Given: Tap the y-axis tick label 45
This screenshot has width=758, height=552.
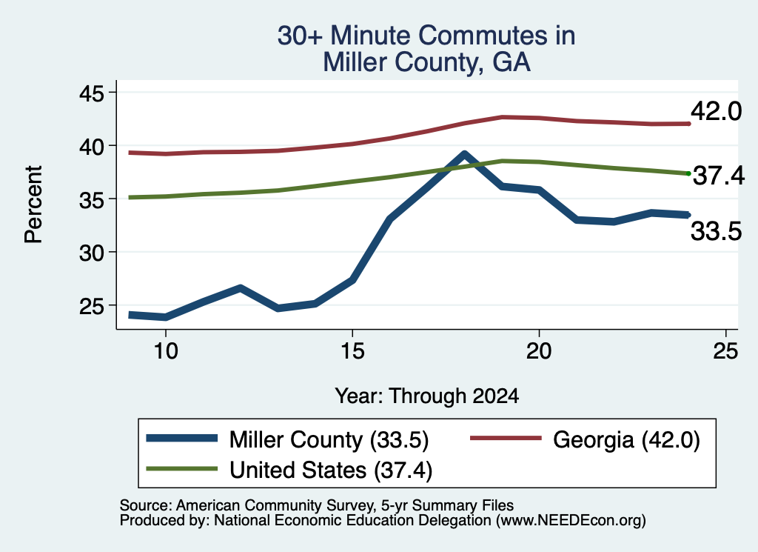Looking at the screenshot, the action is click(x=91, y=93).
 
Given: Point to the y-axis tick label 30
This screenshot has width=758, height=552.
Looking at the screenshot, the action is click(x=91, y=253).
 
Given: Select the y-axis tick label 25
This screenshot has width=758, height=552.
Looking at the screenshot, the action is click(x=91, y=306).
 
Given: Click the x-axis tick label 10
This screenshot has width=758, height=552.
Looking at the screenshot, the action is click(x=166, y=350).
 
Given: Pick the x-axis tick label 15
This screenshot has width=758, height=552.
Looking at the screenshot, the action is click(x=352, y=350).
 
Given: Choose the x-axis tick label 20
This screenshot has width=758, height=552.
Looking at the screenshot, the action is click(x=539, y=350).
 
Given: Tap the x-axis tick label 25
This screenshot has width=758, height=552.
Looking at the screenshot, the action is click(x=725, y=350).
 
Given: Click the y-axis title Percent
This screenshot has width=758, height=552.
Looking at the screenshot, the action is click(x=33, y=204).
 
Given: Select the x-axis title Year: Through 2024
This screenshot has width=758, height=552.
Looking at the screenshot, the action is click(x=427, y=396).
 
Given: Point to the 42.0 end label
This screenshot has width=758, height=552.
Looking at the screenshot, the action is click(x=716, y=111).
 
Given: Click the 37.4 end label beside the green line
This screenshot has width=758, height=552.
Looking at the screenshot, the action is click(x=719, y=176).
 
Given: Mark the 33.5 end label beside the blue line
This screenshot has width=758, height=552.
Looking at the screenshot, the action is click(x=716, y=230).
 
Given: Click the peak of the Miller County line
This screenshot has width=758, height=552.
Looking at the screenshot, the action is click(x=465, y=154).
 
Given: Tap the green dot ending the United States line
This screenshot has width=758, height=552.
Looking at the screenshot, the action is click(x=688, y=173).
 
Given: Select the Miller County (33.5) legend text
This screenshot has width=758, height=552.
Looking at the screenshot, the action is click(x=329, y=440).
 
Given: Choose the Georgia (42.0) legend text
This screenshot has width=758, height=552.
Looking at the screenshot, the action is click(x=626, y=440).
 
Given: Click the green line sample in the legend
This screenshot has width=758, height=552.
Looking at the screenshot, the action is click(x=182, y=468).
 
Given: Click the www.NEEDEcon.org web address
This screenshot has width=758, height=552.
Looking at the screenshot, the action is click(x=570, y=520).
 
